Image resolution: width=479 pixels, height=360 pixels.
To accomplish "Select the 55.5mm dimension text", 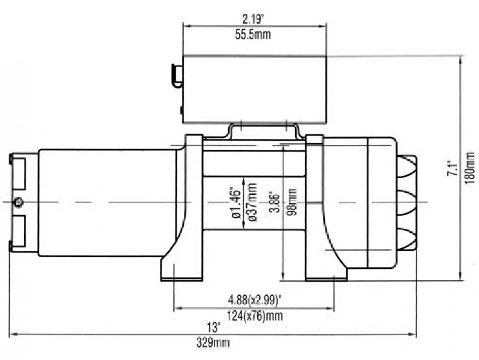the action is tap(253, 35).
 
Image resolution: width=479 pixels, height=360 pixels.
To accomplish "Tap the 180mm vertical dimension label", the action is tap(470, 168).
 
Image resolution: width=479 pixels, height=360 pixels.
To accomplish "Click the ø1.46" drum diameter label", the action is tap(236, 202).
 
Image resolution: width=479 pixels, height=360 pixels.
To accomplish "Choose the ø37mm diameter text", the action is tap(251, 202).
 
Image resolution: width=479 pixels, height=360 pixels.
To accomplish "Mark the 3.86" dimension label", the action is tap(274, 202).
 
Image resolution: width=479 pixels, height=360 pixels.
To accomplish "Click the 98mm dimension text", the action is tap(291, 202).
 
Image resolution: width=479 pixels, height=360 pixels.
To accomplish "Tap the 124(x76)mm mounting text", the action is tap(255, 316).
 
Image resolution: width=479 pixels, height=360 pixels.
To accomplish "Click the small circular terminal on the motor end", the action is tap(18, 202).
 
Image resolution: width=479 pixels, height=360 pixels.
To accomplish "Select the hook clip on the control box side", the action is tap(176, 76).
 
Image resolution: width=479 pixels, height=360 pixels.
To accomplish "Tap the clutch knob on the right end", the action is tap(406, 202).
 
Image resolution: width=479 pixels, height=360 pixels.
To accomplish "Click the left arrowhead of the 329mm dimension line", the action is tap(14, 334).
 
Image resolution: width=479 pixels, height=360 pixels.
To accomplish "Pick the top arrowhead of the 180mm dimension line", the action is tap(461, 60).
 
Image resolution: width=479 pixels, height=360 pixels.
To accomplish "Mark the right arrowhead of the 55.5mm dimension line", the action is tap(322, 26).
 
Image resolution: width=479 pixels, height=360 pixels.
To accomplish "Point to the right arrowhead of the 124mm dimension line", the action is tap(330, 308).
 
